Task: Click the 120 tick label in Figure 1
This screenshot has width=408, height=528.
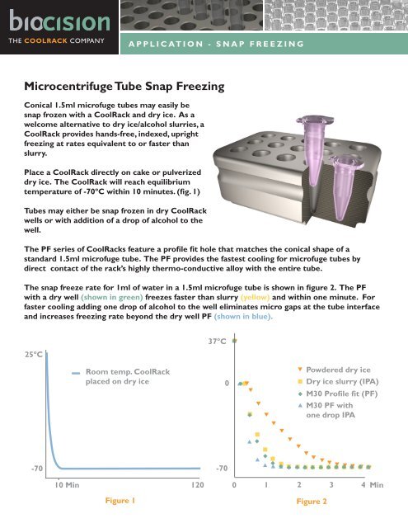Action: pyautogui.click(x=198, y=487)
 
